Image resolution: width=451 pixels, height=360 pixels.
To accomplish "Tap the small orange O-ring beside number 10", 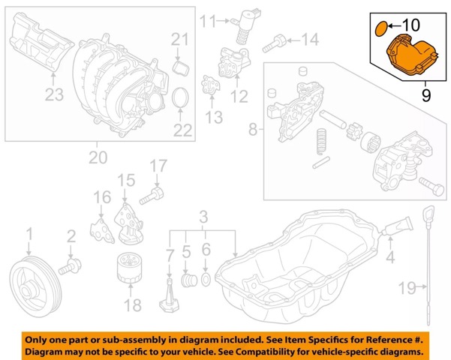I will point(380,28).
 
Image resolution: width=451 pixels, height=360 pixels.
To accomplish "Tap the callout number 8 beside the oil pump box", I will point(253,131).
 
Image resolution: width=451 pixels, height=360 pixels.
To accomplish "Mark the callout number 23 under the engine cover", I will point(54,93).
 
